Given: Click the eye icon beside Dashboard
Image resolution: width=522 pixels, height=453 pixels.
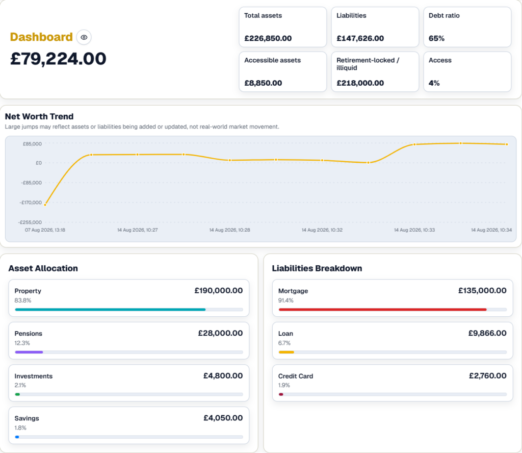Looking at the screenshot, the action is [x=84, y=37].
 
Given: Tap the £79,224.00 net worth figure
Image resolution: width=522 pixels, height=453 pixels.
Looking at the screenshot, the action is [x=58, y=59].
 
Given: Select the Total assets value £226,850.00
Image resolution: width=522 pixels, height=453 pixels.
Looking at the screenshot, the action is [x=268, y=38].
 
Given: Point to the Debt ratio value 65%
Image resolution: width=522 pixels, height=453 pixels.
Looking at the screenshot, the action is [x=436, y=38].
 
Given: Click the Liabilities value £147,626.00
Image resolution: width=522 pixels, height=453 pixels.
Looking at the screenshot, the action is [x=360, y=38].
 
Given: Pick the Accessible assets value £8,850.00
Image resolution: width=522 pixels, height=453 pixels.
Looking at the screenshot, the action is [x=263, y=83].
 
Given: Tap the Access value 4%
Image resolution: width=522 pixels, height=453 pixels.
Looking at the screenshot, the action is [x=434, y=83].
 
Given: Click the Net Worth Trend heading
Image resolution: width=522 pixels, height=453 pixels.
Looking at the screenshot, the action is [x=39, y=117].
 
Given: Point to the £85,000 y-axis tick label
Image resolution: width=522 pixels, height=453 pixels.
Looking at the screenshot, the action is [x=32, y=144].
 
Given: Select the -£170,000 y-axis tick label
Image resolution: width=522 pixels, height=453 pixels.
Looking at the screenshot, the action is [x=31, y=203].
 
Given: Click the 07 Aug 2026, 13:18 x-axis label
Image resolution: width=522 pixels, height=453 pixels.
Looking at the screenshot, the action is [x=45, y=230].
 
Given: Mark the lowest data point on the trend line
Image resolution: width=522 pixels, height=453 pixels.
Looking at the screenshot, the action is [x=45, y=205].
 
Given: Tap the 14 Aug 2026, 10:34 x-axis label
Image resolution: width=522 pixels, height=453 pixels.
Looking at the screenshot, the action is [x=491, y=230].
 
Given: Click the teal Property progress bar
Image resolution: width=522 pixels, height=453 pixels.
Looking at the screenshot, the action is [x=110, y=310].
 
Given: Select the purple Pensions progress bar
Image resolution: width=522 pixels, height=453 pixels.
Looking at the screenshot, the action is [x=29, y=352].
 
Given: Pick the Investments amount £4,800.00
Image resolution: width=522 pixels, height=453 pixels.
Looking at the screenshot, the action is [x=223, y=376].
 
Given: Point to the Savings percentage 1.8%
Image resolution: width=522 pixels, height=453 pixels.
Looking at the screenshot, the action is [x=20, y=427].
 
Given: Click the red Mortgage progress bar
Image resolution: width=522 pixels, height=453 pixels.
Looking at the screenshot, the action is [x=382, y=310].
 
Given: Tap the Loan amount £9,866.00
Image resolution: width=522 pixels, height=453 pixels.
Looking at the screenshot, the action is [x=487, y=333].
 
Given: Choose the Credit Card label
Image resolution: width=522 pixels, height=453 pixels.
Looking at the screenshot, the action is [x=296, y=376].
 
